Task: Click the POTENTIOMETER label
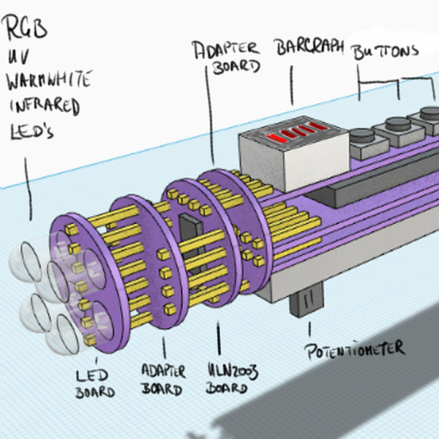click(356, 348)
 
